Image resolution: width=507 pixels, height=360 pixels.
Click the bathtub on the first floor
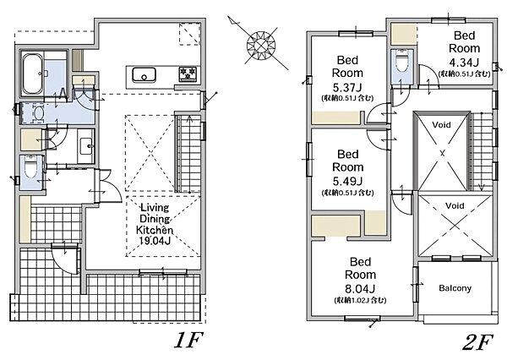[x=33, y=74]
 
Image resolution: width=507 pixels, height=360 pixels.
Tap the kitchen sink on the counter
[x=144, y=75]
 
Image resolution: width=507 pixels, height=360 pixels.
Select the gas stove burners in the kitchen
[x=188, y=74]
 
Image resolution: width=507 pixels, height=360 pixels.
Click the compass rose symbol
[x=260, y=45]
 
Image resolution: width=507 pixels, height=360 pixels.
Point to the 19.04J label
[x=155, y=240]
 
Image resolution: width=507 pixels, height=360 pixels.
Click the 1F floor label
[x=188, y=340]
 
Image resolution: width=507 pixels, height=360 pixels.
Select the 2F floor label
[x=477, y=342]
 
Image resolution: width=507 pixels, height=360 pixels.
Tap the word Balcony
[x=455, y=288]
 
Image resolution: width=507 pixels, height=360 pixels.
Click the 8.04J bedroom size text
[x=360, y=288]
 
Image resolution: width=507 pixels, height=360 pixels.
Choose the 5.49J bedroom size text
[x=348, y=181]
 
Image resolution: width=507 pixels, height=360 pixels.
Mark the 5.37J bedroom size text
[x=347, y=87]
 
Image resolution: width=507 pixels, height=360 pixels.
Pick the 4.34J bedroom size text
[x=464, y=62]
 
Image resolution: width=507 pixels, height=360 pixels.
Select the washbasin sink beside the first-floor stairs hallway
[x=86, y=146]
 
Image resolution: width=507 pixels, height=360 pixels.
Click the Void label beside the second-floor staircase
[x=441, y=125]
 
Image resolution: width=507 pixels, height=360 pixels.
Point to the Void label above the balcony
[x=455, y=205]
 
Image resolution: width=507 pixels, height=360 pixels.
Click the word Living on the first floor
[x=155, y=208]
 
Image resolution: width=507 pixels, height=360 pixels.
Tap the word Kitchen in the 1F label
[x=155, y=230]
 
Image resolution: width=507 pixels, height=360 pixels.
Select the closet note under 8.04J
[x=360, y=300]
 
